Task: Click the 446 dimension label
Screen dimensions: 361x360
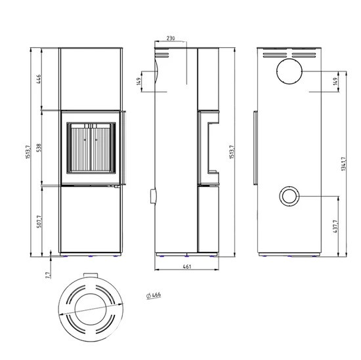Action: point(39,79)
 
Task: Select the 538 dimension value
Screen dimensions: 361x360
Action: point(39,148)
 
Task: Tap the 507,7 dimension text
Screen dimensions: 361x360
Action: point(39,222)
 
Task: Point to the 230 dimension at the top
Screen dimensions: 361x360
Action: point(171,38)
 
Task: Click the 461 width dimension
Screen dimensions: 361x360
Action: point(187,266)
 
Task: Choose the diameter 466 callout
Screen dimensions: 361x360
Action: point(154,295)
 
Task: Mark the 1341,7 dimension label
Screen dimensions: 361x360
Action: point(343,164)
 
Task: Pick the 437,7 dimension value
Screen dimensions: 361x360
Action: point(335,226)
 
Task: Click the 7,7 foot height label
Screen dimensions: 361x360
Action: point(48,275)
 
